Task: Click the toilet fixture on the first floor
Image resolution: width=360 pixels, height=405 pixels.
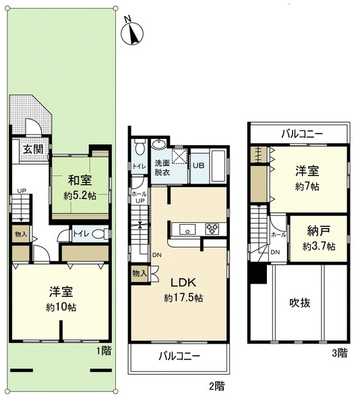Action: [x=87, y=236]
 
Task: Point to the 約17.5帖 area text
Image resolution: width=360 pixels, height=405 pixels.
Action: [x=183, y=298]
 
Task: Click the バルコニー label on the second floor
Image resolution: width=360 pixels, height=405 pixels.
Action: [x=181, y=356]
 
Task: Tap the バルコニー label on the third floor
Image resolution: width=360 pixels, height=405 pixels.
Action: [x=300, y=132]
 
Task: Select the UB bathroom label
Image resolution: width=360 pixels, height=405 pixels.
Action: [x=198, y=165]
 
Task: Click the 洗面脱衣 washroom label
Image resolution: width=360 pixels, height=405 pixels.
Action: [x=162, y=167]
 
